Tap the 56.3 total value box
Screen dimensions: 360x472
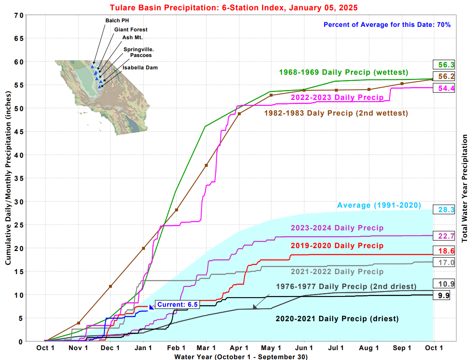444,64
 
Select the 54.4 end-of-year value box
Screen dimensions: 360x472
444,88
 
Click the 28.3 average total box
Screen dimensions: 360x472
444,210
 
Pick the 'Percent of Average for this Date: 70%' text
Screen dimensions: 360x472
387,24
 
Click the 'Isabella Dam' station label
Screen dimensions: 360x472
140,67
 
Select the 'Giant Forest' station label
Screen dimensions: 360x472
131,29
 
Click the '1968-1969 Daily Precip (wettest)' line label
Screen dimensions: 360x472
344,72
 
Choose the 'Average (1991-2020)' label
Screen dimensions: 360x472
379,205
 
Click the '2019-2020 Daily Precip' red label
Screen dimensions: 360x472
337,246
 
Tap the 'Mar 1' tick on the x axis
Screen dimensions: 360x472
209,348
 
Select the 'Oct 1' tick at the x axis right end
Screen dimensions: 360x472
434,348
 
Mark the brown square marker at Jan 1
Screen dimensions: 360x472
143,248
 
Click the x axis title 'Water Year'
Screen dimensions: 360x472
241,356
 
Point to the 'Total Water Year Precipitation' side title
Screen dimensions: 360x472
465,188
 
